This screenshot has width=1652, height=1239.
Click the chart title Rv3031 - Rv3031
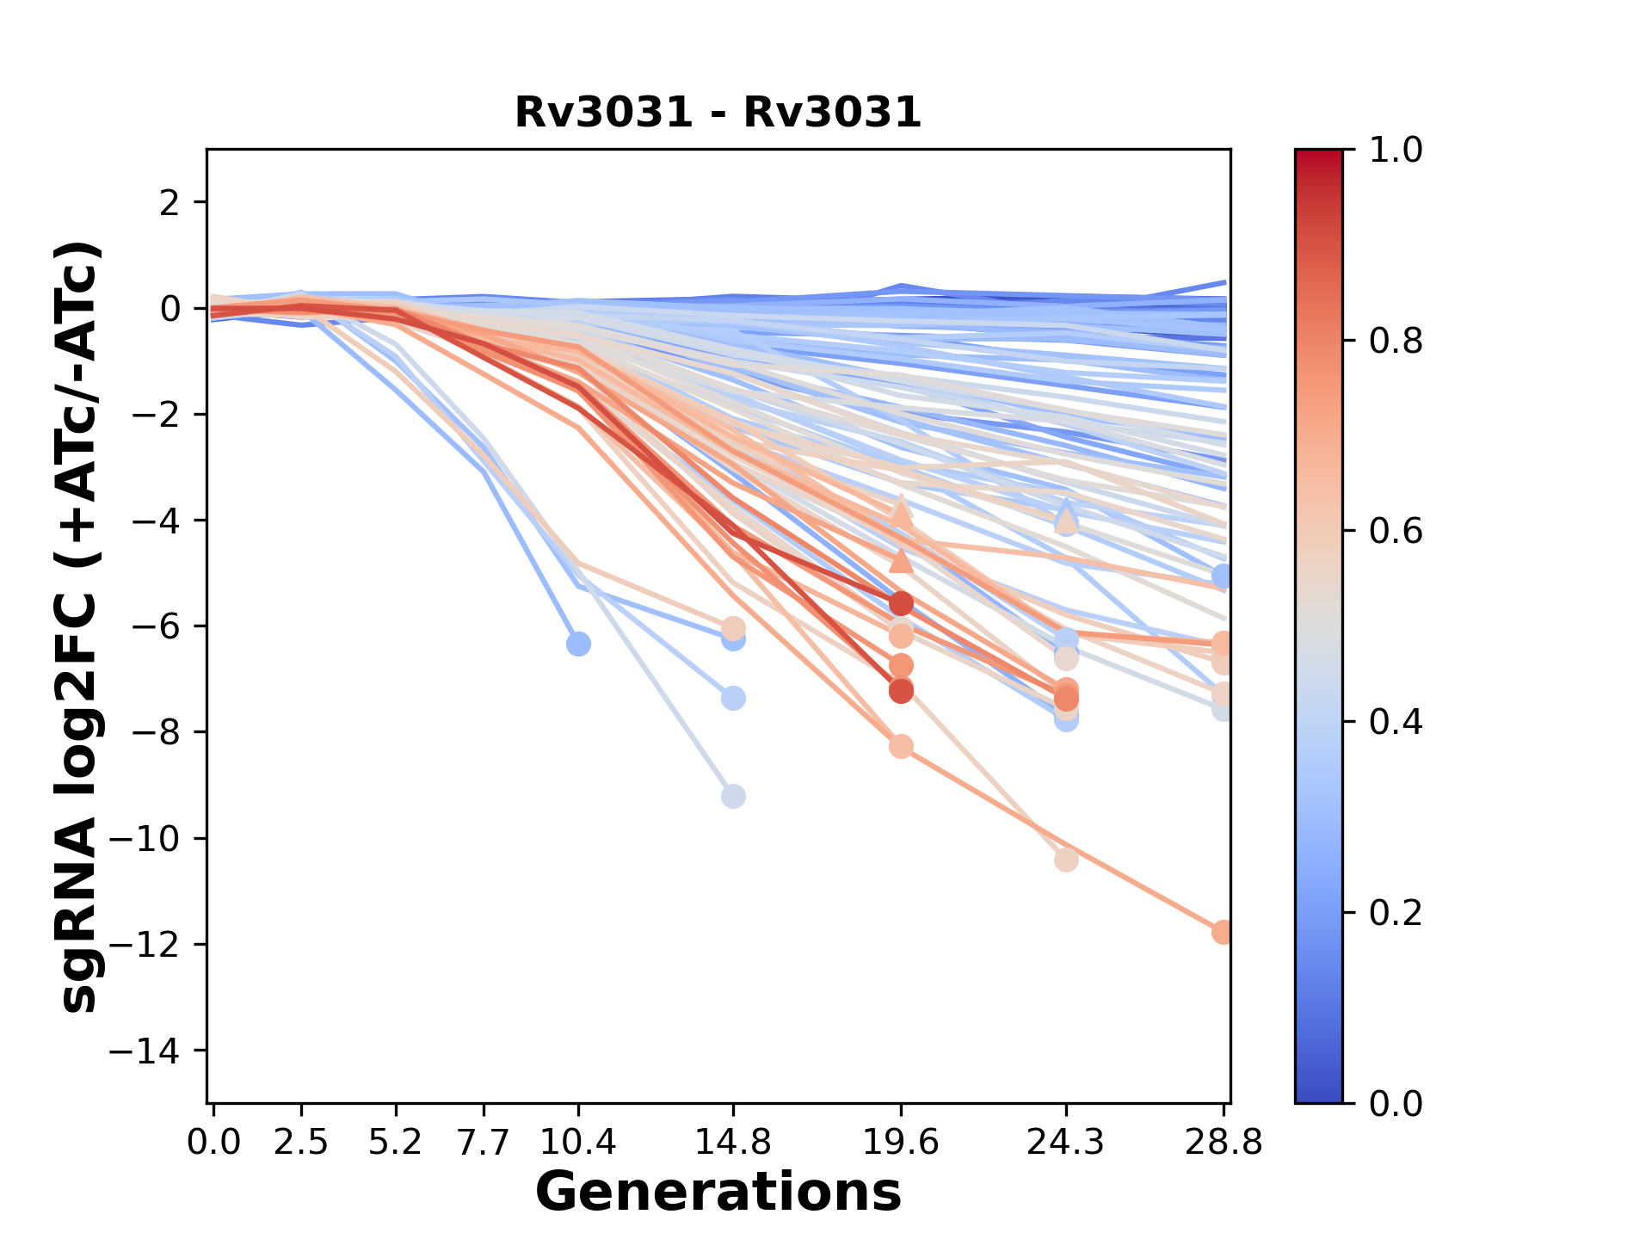coord(718,113)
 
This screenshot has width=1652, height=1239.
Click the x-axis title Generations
coord(718,1193)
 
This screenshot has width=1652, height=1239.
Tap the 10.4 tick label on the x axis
coord(577,1142)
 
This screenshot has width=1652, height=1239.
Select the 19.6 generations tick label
coord(900,1142)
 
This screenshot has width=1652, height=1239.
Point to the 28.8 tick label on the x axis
coord(1223,1142)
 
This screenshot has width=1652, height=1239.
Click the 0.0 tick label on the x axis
coord(213,1142)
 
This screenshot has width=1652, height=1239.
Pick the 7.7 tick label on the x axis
coord(484,1142)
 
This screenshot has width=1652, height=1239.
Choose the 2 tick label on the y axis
coord(170,202)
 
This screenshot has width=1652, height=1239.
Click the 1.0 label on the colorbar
coord(1396,151)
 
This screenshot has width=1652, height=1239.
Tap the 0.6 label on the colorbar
coord(1396,532)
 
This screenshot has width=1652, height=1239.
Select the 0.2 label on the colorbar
coord(1396,913)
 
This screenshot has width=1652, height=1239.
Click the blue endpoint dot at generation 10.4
coord(578,644)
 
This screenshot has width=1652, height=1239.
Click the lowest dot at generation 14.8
coord(733,796)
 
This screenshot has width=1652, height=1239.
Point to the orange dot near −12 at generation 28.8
coord(1222,932)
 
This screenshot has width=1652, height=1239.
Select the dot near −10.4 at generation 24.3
coord(1066,860)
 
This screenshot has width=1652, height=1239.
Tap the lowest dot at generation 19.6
coord(901,746)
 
